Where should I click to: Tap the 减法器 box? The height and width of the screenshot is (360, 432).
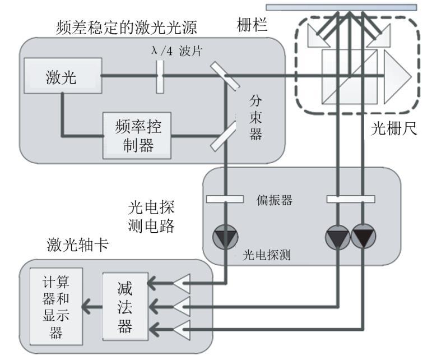click(x=125, y=307)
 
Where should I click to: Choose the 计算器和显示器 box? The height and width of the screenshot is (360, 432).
click(x=56, y=308)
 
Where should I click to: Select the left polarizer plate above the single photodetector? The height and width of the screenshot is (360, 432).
click(x=224, y=199)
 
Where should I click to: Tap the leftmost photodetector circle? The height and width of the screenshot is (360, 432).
click(x=224, y=239)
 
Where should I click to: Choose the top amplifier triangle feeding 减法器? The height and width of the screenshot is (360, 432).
click(x=182, y=284)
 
